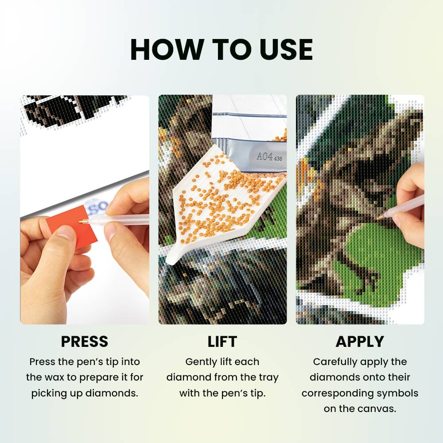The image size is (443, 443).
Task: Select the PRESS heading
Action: tap(85, 342)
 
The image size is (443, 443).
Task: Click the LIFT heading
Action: tap(222, 342)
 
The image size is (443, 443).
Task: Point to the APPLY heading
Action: tap(360, 342)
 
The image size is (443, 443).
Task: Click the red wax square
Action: tap(72, 226)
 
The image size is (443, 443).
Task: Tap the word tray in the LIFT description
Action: tap(268, 378)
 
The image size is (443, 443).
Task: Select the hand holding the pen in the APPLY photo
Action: tap(410, 206)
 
